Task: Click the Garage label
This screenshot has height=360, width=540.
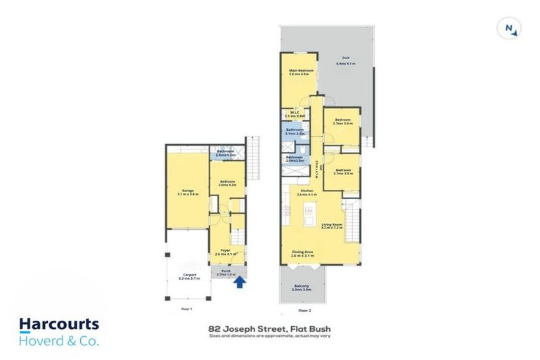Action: click(188, 192)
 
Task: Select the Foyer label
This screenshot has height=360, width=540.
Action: click(226, 252)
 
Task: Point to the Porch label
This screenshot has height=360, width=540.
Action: click(226, 273)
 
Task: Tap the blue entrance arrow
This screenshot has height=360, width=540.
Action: click(240, 283)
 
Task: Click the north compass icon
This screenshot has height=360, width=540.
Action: click(510, 28)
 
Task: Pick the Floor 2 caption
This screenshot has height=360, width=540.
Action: click(304, 309)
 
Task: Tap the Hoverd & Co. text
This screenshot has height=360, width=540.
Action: click(59, 341)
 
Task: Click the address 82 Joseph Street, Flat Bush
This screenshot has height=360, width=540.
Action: click(270, 328)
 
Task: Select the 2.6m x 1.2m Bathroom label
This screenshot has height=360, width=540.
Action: click(226, 153)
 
